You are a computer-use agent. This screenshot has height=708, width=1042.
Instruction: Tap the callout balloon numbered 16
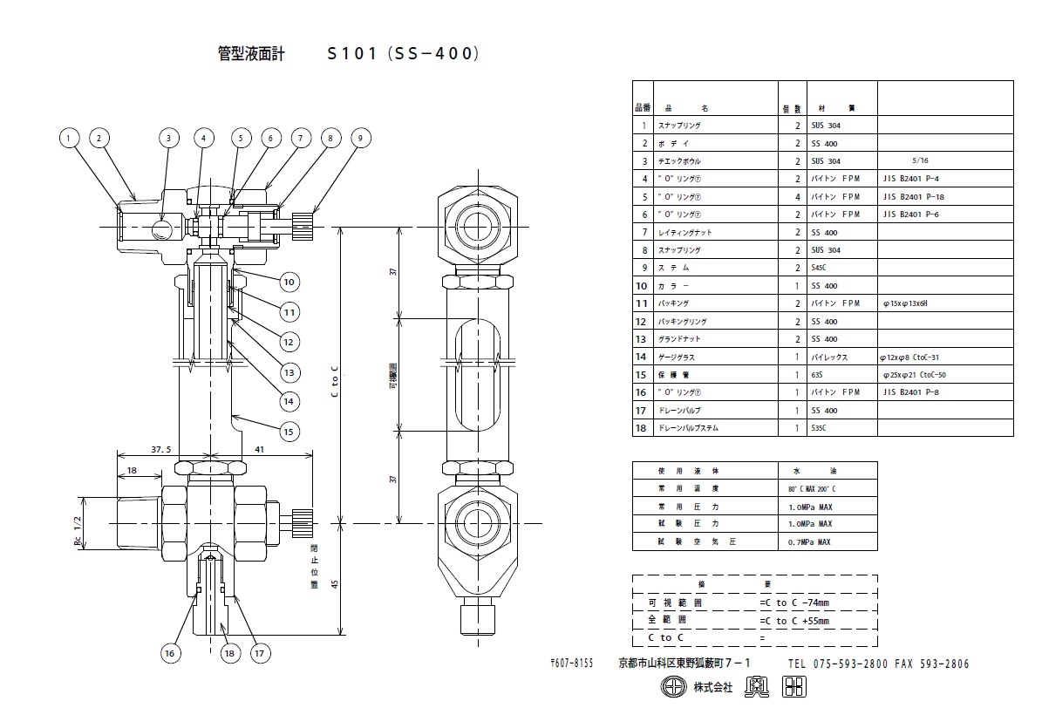[x=171, y=651]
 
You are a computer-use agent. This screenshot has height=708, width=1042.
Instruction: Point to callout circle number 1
[x=71, y=138]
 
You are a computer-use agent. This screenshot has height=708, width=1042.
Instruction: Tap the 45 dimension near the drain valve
[x=334, y=583]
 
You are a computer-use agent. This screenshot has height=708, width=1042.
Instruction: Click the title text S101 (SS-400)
[x=402, y=53]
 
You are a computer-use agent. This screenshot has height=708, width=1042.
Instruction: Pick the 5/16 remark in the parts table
[x=919, y=161]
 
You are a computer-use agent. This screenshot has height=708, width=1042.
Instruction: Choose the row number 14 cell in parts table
[x=641, y=357]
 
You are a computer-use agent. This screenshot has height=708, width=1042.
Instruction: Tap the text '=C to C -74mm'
[x=793, y=602]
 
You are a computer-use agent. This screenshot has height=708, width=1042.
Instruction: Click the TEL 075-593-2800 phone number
[x=838, y=664]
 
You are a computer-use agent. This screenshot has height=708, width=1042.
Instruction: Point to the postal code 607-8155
[x=571, y=664]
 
